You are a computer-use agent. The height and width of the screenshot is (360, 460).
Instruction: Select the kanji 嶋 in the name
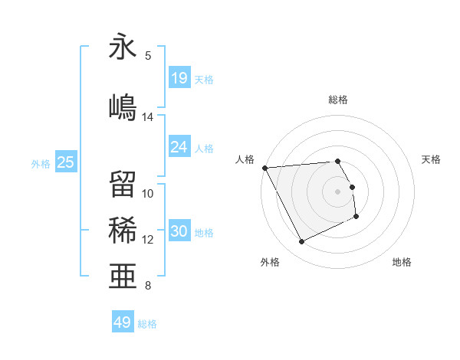(x=123, y=105)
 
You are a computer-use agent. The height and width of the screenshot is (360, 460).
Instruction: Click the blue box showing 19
(x=179, y=77)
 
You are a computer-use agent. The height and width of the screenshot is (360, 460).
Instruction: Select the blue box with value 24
(x=179, y=146)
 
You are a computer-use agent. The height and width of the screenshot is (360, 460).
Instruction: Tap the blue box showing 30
(x=179, y=231)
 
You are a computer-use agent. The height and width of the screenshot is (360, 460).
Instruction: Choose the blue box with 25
(x=66, y=162)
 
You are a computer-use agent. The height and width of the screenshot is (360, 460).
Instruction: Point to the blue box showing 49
(x=123, y=322)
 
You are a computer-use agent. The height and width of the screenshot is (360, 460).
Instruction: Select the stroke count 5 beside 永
(x=148, y=55)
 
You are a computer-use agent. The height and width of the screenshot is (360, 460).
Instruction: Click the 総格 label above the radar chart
(x=338, y=100)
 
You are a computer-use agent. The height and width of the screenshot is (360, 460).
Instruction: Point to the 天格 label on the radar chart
(x=432, y=159)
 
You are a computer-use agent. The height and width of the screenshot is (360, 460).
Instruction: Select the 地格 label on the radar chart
(x=402, y=262)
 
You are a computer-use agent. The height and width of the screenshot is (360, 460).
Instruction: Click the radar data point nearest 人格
(x=264, y=168)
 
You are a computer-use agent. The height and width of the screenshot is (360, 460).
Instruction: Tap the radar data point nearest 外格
(x=301, y=242)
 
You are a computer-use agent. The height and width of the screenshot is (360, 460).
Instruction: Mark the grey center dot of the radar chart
(x=338, y=191)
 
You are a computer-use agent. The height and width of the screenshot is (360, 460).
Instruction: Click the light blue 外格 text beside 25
(x=41, y=163)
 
